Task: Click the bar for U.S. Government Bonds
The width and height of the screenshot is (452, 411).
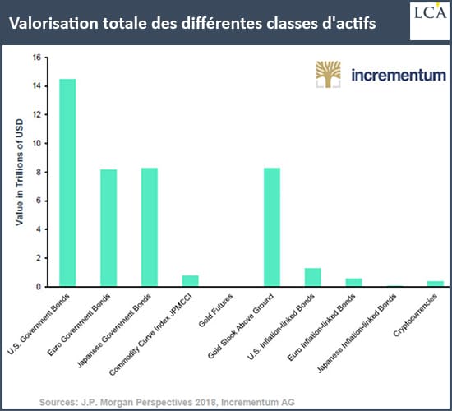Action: pos(67,182)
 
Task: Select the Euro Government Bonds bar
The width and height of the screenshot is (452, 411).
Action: pos(108,228)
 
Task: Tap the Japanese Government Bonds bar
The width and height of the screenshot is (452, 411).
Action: pos(150,227)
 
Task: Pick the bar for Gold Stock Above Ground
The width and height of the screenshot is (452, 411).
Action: pos(272,227)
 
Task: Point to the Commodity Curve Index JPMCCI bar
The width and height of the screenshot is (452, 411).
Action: pos(191,281)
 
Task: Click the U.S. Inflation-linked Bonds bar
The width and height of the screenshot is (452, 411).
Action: pos(313,277)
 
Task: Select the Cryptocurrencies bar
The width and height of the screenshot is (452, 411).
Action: pos(436,284)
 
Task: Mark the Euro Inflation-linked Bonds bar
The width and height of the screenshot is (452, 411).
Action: pos(353,283)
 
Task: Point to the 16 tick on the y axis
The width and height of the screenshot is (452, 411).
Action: pos(37,58)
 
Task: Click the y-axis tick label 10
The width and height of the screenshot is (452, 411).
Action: pos(37,143)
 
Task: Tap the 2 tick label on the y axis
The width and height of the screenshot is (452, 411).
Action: pos(39,258)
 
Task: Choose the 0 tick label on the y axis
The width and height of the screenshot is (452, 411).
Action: pos(39,287)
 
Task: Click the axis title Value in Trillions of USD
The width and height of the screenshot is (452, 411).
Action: pos(19,172)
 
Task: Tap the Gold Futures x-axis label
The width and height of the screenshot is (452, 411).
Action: pos(215,311)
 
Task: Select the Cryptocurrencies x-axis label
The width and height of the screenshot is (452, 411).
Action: pos(415,315)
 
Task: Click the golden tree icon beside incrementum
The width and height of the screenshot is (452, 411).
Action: pos(328,74)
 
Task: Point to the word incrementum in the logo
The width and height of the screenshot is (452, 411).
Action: pos(399,76)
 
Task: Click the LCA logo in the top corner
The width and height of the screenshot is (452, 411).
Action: pos(430,21)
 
